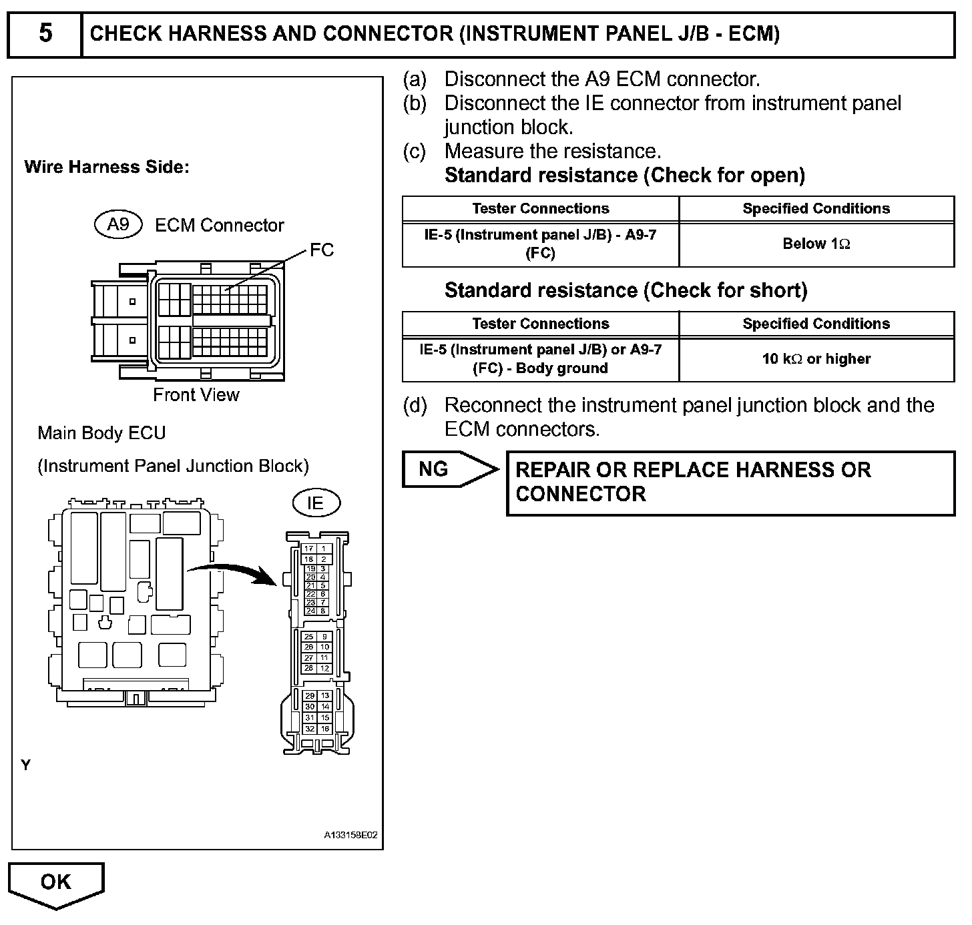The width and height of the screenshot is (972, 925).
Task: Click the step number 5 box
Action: pyautogui.click(x=45, y=33)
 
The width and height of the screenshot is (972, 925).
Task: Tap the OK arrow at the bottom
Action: pyautogui.click(x=56, y=883)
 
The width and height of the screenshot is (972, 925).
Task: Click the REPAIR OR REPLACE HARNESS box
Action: pyautogui.click(x=730, y=483)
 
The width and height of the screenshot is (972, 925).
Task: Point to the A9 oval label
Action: pyautogui.click(x=118, y=224)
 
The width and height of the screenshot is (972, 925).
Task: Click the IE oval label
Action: pyautogui.click(x=315, y=503)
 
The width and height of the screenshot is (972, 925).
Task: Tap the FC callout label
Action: pyautogui.click(x=322, y=250)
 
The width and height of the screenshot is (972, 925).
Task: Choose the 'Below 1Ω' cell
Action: pyautogui.click(x=816, y=244)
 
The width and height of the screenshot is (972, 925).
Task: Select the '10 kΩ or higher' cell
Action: pyautogui.click(x=816, y=359)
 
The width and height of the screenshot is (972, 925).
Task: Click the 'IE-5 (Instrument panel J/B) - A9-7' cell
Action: pyautogui.click(x=540, y=244)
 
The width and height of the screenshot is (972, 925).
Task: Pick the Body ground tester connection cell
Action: pyautogui.click(x=540, y=359)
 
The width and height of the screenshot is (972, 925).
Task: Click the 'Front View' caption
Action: pyautogui.click(x=196, y=395)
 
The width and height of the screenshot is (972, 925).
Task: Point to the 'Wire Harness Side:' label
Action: pyautogui.click(x=107, y=167)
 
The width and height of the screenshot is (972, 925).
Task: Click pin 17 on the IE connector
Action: pyautogui.click(x=310, y=549)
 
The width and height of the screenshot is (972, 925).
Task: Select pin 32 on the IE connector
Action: pyautogui.click(x=310, y=729)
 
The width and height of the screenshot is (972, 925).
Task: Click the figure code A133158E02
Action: pyautogui.click(x=351, y=835)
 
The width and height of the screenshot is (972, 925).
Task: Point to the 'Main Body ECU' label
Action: pyautogui.click(x=101, y=433)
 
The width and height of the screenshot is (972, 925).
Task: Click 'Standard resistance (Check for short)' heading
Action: pyautogui.click(x=626, y=290)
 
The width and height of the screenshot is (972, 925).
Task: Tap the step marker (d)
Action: pyautogui.click(x=415, y=406)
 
